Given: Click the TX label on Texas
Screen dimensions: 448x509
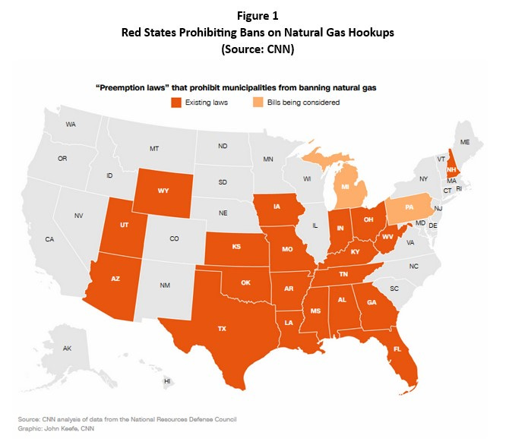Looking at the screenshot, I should (222, 329).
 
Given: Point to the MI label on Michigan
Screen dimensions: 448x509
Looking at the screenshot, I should (345, 187).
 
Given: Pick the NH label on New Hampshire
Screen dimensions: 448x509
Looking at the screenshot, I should (451, 170).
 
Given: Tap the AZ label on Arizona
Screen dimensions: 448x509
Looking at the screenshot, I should (115, 279).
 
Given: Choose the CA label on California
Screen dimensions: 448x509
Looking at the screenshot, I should (49, 239).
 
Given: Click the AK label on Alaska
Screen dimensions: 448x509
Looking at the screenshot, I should (67, 349).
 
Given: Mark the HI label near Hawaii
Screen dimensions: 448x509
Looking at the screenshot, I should (167, 380).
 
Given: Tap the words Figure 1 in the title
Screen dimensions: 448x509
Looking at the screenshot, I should (253, 13).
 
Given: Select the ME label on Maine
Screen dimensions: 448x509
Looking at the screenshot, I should (465, 142).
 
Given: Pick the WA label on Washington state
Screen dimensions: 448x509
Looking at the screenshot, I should (71, 124).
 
